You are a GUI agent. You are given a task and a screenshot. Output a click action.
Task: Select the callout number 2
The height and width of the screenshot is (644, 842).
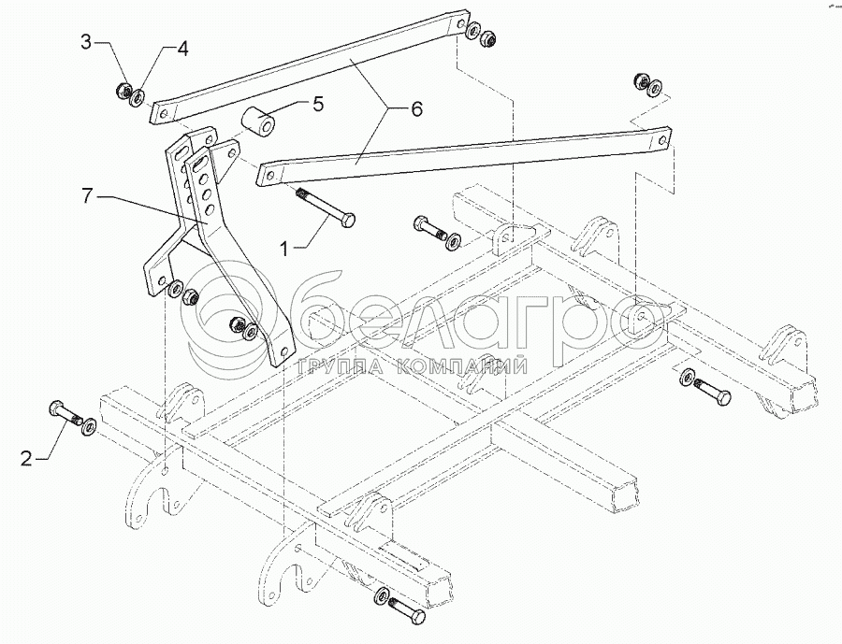(28, 458)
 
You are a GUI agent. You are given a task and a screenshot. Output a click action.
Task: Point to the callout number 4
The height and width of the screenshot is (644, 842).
(182, 49)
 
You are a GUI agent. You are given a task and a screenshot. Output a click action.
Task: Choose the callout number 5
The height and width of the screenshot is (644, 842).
(318, 104)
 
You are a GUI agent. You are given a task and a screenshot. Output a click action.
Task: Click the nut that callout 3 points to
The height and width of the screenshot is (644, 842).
(123, 91)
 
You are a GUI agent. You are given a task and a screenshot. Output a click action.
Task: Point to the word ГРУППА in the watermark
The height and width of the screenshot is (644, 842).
(333, 365)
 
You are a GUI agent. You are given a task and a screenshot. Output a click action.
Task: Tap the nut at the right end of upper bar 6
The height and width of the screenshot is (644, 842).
(487, 41)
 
